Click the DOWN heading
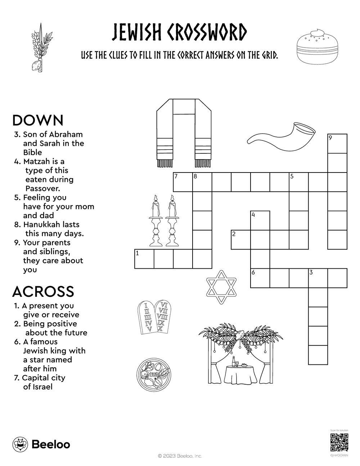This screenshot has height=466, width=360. pyautogui.click(x=38, y=120)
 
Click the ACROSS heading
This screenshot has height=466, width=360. pyautogui.click(x=43, y=291)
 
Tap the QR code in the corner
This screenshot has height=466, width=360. pyautogui.click(x=339, y=443)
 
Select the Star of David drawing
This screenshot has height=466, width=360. pyautogui.click(x=221, y=291)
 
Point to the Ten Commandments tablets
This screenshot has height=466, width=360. pyautogui.click(x=155, y=317)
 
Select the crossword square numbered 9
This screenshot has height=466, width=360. pyautogui.click(x=337, y=143)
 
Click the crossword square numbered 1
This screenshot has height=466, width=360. pyautogui.click(x=144, y=259)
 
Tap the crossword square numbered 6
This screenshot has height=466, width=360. pyautogui.click(x=260, y=278)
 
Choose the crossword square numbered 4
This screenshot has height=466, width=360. pyautogui.click(x=260, y=220)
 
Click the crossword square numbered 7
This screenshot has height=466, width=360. pyautogui.click(x=183, y=182)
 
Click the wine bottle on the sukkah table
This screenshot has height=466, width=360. pyautogui.click(x=233, y=361)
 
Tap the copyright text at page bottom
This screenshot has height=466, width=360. pyautogui.click(x=180, y=456)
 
